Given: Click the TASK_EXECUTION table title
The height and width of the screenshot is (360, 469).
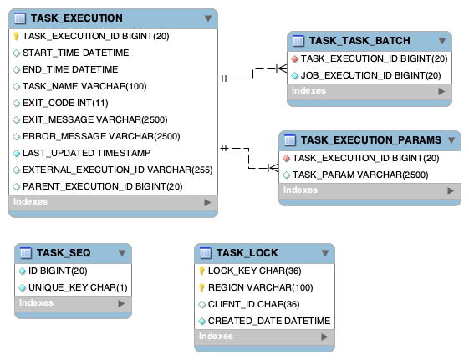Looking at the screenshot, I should [x=77, y=18].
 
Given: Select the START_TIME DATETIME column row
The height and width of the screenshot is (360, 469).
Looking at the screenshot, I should [x=75, y=53].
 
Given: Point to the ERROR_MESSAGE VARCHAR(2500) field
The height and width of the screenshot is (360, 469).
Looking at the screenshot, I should [x=101, y=136].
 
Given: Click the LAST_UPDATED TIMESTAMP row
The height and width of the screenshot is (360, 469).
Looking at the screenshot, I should [x=86, y=153].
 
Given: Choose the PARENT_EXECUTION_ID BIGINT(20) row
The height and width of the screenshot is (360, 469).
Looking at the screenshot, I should [x=102, y=186].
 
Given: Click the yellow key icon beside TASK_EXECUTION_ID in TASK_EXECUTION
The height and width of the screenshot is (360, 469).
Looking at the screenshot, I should [x=16, y=36].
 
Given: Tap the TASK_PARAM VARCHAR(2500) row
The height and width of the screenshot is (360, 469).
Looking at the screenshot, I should [x=359, y=175].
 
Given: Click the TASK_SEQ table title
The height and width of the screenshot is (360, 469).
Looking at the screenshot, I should [x=64, y=252].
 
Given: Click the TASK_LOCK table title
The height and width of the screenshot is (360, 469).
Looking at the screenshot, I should [x=247, y=252].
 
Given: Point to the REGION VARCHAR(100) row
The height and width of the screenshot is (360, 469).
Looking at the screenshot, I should [x=260, y=287].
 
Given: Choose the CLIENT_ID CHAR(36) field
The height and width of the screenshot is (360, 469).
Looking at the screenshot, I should [x=253, y=304].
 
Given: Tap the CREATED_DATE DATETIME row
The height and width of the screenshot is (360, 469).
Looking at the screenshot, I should [x=268, y=321].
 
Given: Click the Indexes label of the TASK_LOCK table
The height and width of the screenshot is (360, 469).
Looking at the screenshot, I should [x=215, y=336].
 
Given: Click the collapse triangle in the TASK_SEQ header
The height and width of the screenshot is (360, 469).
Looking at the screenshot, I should [x=122, y=253].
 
